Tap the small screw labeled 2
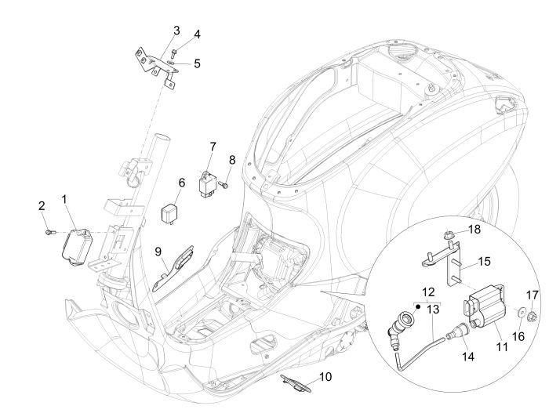[49, 232]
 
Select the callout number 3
[176, 31]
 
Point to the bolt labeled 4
[174, 52]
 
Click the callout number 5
[197, 63]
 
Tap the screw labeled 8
[224, 186]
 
